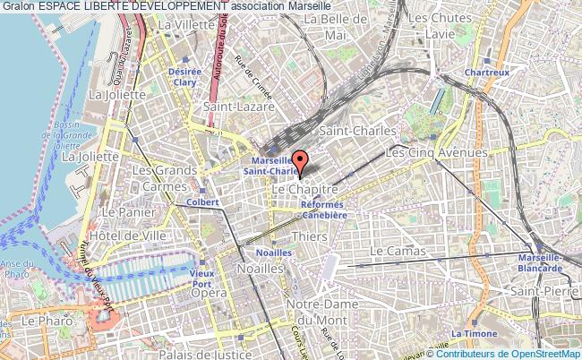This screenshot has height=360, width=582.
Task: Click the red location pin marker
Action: (301, 163)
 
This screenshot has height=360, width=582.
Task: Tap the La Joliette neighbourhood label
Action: (89, 155)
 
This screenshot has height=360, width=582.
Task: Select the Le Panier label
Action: (123, 212)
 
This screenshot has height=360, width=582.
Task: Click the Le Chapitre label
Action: (303, 191)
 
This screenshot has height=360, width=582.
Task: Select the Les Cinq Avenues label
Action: (436, 153)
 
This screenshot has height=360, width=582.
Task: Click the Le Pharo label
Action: (40, 320)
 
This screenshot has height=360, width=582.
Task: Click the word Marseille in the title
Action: (317, 6)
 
